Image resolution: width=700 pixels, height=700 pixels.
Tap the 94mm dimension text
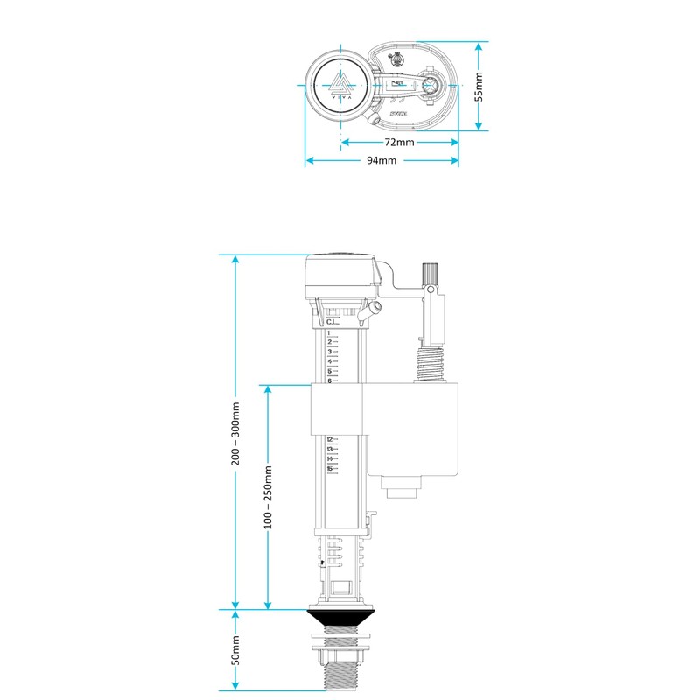point(381,161)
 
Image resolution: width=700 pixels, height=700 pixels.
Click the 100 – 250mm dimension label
point(269,496)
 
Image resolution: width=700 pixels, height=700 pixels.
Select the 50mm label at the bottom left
point(235,649)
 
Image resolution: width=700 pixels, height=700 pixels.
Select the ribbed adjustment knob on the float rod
point(429,273)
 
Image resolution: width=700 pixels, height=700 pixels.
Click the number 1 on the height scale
point(328,333)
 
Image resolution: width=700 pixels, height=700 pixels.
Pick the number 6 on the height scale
point(329,381)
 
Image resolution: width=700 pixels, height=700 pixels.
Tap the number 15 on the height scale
point(330,469)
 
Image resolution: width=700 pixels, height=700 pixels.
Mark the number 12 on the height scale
point(330,440)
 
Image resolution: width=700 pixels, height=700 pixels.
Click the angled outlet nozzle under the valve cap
point(375,311)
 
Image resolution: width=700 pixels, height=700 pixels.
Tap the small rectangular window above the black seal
point(342,581)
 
